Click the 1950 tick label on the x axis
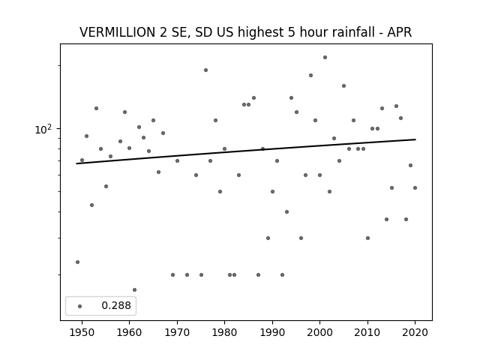(x=82, y=332)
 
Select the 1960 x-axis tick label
(x=129, y=332)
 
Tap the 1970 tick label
(x=177, y=332)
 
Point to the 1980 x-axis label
(x=224, y=332)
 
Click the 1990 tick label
(x=272, y=332)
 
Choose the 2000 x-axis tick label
(x=319, y=332)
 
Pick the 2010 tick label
(x=367, y=332)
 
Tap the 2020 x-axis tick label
(x=415, y=332)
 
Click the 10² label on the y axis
(x=43, y=129)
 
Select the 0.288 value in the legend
(x=116, y=305)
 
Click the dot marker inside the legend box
(x=80, y=306)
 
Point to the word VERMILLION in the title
(x=118, y=32)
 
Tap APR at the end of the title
(x=400, y=32)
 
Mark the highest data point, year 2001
(x=325, y=57)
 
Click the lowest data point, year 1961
(x=134, y=289)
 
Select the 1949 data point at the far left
(x=77, y=262)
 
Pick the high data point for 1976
(x=205, y=70)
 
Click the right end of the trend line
(x=415, y=139)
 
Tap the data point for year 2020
(x=415, y=187)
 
